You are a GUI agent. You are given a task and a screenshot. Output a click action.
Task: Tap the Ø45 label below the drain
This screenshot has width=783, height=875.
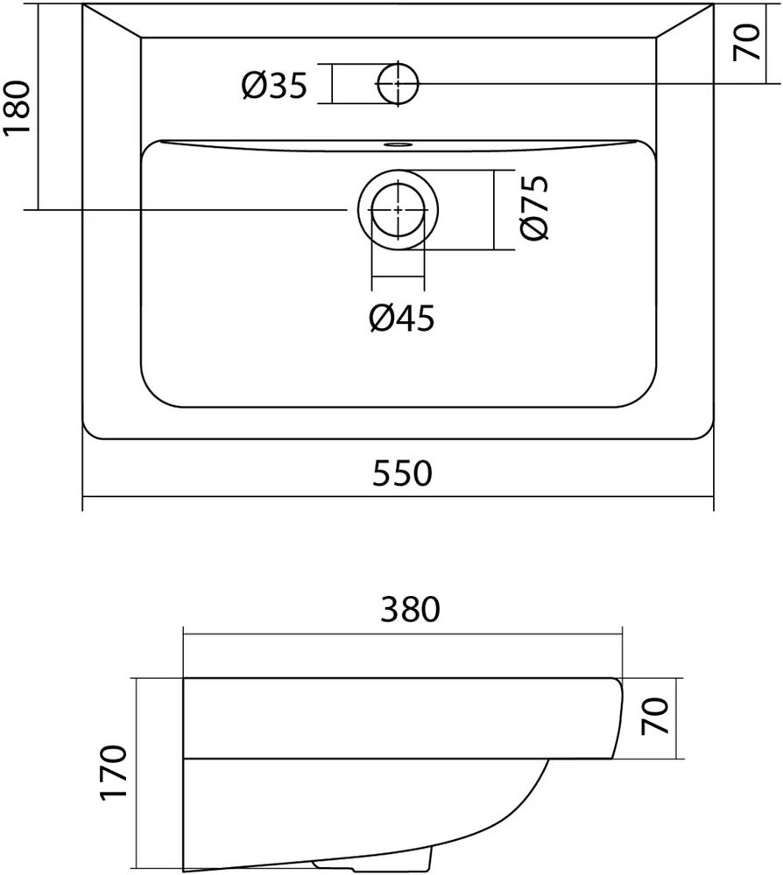click(x=402, y=319)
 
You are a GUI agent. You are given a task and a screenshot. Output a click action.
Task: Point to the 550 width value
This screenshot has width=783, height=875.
click(x=402, y=474)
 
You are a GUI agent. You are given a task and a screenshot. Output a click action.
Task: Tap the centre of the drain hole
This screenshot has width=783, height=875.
click(x=399, y=211)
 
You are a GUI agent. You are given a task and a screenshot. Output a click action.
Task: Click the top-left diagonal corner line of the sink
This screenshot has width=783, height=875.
click(x=112, y=21)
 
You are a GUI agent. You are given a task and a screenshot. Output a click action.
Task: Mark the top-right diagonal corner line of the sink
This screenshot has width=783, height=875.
click(x=685, y=21)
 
